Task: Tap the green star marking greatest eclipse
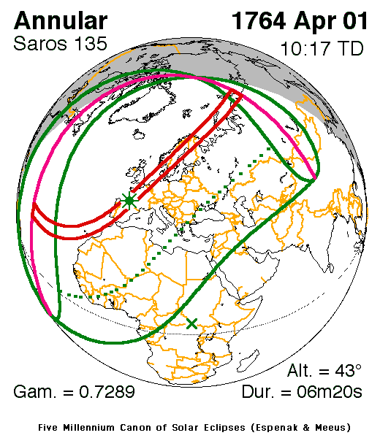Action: pyautogui.click(x=129, y=200)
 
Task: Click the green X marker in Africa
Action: pyautogui.click(x=191, y=323)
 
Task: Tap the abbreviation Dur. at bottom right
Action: pyautogui.click(x=259, y=392)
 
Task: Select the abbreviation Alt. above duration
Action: pyautogui.click(x=299, y=369)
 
